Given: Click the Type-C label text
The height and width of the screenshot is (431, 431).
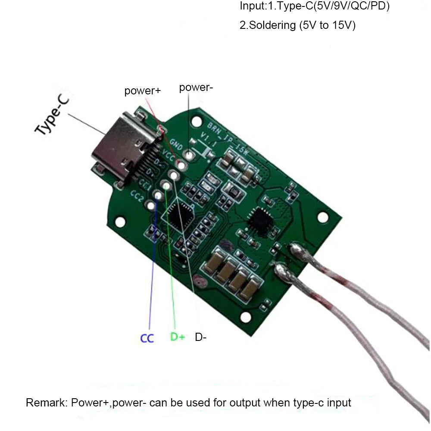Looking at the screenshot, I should click(x=52, y=115).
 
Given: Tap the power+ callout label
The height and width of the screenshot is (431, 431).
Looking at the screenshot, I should click(x=142, y=91).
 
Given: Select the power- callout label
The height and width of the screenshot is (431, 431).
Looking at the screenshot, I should click(x=196, y=87).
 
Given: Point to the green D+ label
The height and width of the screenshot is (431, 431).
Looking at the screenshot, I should click(x=177, y=337).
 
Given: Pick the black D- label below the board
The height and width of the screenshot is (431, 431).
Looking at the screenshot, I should click(x=200, y=337).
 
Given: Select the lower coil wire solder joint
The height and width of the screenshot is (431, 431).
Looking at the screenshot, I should click(x=281, y=270).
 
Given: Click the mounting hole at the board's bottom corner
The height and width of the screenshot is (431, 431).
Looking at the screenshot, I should click(x=246, y=318).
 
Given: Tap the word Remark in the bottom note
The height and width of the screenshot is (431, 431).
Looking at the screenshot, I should click(x=45, y=403).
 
